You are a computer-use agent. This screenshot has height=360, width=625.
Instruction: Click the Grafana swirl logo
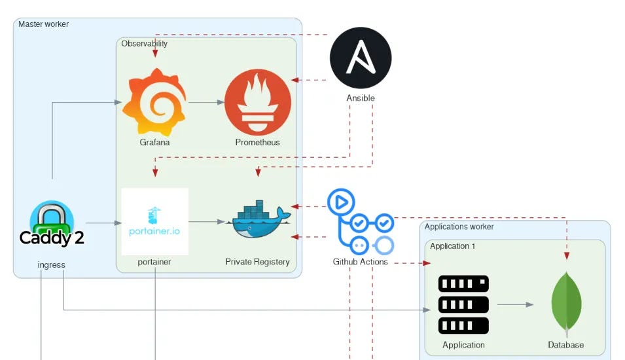(x=154, y=101)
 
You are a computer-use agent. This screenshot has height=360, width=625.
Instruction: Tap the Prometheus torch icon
(x=257, y=101)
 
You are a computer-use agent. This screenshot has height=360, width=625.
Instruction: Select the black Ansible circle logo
(x=361, y=58)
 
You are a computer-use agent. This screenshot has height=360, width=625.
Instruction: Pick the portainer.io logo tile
(x=155, y=221)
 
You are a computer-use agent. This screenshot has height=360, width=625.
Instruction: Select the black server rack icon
(x=463, y=304)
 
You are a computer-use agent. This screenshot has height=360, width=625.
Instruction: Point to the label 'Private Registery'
(x=257, y=262)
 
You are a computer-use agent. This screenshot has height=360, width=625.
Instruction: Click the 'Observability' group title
(x=144, y=44)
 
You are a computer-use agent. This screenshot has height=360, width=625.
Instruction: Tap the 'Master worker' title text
(x=43, y=24)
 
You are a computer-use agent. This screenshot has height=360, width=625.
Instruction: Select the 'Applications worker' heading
(x=459, y=227)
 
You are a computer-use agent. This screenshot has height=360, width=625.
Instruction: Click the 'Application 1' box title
(x=452, y=246)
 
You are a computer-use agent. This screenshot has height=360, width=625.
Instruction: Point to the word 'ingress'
(x=52, y=265)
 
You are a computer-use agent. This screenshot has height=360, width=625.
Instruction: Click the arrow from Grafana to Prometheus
(x=205, y=102)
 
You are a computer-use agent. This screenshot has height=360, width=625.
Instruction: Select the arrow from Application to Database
(x=515, y=304)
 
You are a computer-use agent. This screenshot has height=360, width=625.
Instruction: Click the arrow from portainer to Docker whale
(x=207, y=222)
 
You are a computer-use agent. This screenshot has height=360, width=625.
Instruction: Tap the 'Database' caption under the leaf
(x=566, y=345)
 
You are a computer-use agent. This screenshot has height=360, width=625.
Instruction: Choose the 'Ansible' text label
(x=361, y=98)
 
